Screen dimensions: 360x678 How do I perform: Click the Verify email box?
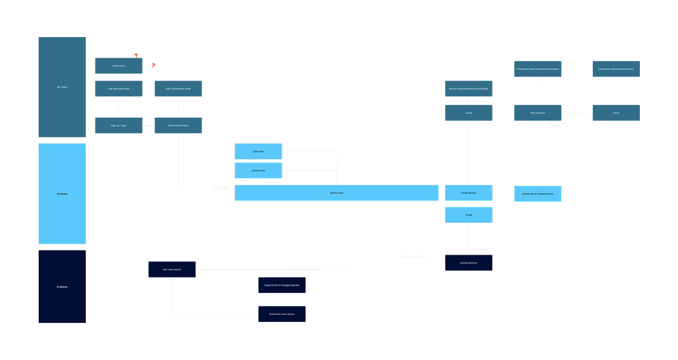[118, 66]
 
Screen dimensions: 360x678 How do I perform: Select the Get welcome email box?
[118, 89]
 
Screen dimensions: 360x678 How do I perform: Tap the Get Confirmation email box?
[178, 89]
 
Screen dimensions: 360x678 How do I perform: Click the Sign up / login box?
[118, 125]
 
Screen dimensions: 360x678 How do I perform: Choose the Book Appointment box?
[178, 125]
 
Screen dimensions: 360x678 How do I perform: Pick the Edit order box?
[258, 151]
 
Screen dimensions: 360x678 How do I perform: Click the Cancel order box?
[258, 170]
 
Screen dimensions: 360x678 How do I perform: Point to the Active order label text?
[336, 193]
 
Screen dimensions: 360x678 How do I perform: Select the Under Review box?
[468, 193]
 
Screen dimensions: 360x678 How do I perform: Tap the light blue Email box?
[468, 215]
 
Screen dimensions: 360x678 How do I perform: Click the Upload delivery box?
[468, 263]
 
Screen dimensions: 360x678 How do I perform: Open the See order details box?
[172, 269]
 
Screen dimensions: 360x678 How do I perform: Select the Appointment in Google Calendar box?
[281, 285]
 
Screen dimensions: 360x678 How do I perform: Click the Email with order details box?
[281, 314]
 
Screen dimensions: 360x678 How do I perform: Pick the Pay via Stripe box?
[537, 113]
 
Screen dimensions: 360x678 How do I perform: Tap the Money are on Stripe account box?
[537, 194]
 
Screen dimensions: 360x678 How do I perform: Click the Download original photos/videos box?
[615, 69]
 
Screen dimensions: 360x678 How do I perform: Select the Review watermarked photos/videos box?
[468, 89]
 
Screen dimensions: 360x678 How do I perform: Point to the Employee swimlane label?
[62, 286]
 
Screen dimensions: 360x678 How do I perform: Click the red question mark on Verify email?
[136, 56]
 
